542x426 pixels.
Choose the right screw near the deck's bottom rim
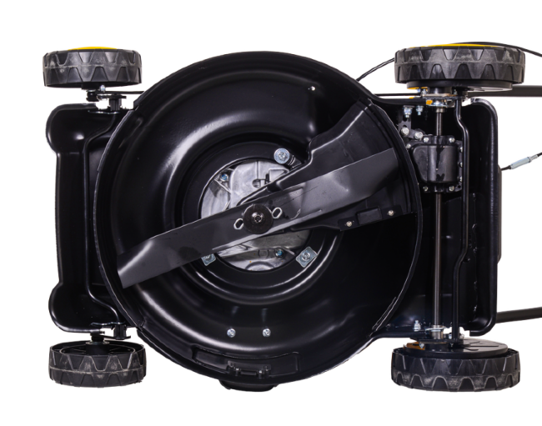point(267,333)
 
